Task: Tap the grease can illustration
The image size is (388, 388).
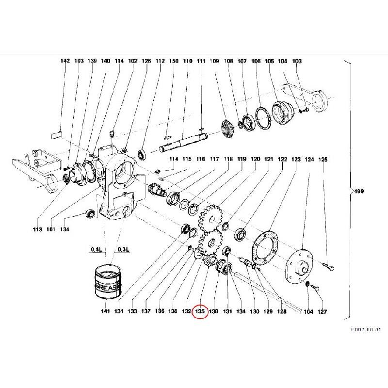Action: (x=109, y=281)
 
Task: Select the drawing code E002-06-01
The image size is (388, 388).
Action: (x=366, y=330)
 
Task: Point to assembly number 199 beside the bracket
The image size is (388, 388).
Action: (x=358, y=191)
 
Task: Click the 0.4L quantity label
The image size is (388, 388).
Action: (x=96, y=250)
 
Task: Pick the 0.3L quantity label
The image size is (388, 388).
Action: (x=124, y=250)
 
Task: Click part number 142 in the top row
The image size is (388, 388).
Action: (x=65, y=61)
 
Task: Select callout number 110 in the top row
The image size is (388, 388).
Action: (x=188, y=61)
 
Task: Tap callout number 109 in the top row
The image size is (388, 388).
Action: (x=214, y=61)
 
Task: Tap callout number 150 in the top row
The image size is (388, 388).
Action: (x=174, y=61)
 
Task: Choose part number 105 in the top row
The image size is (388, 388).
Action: (x=269, y=61)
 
